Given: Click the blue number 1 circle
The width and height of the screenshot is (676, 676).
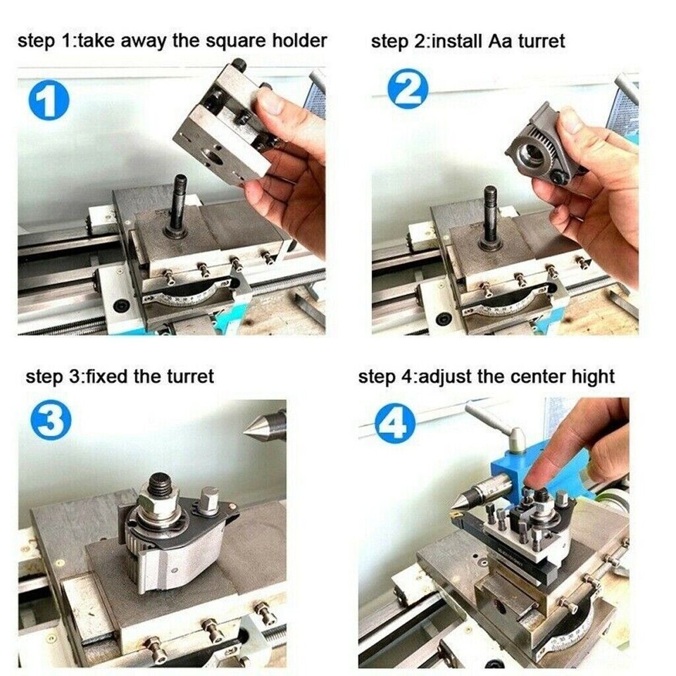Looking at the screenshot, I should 49,100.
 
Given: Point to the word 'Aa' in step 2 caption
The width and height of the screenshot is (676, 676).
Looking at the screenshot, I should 499,41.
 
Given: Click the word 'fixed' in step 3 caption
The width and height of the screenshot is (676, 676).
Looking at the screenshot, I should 106,376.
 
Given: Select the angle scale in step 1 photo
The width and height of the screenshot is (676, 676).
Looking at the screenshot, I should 187,295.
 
